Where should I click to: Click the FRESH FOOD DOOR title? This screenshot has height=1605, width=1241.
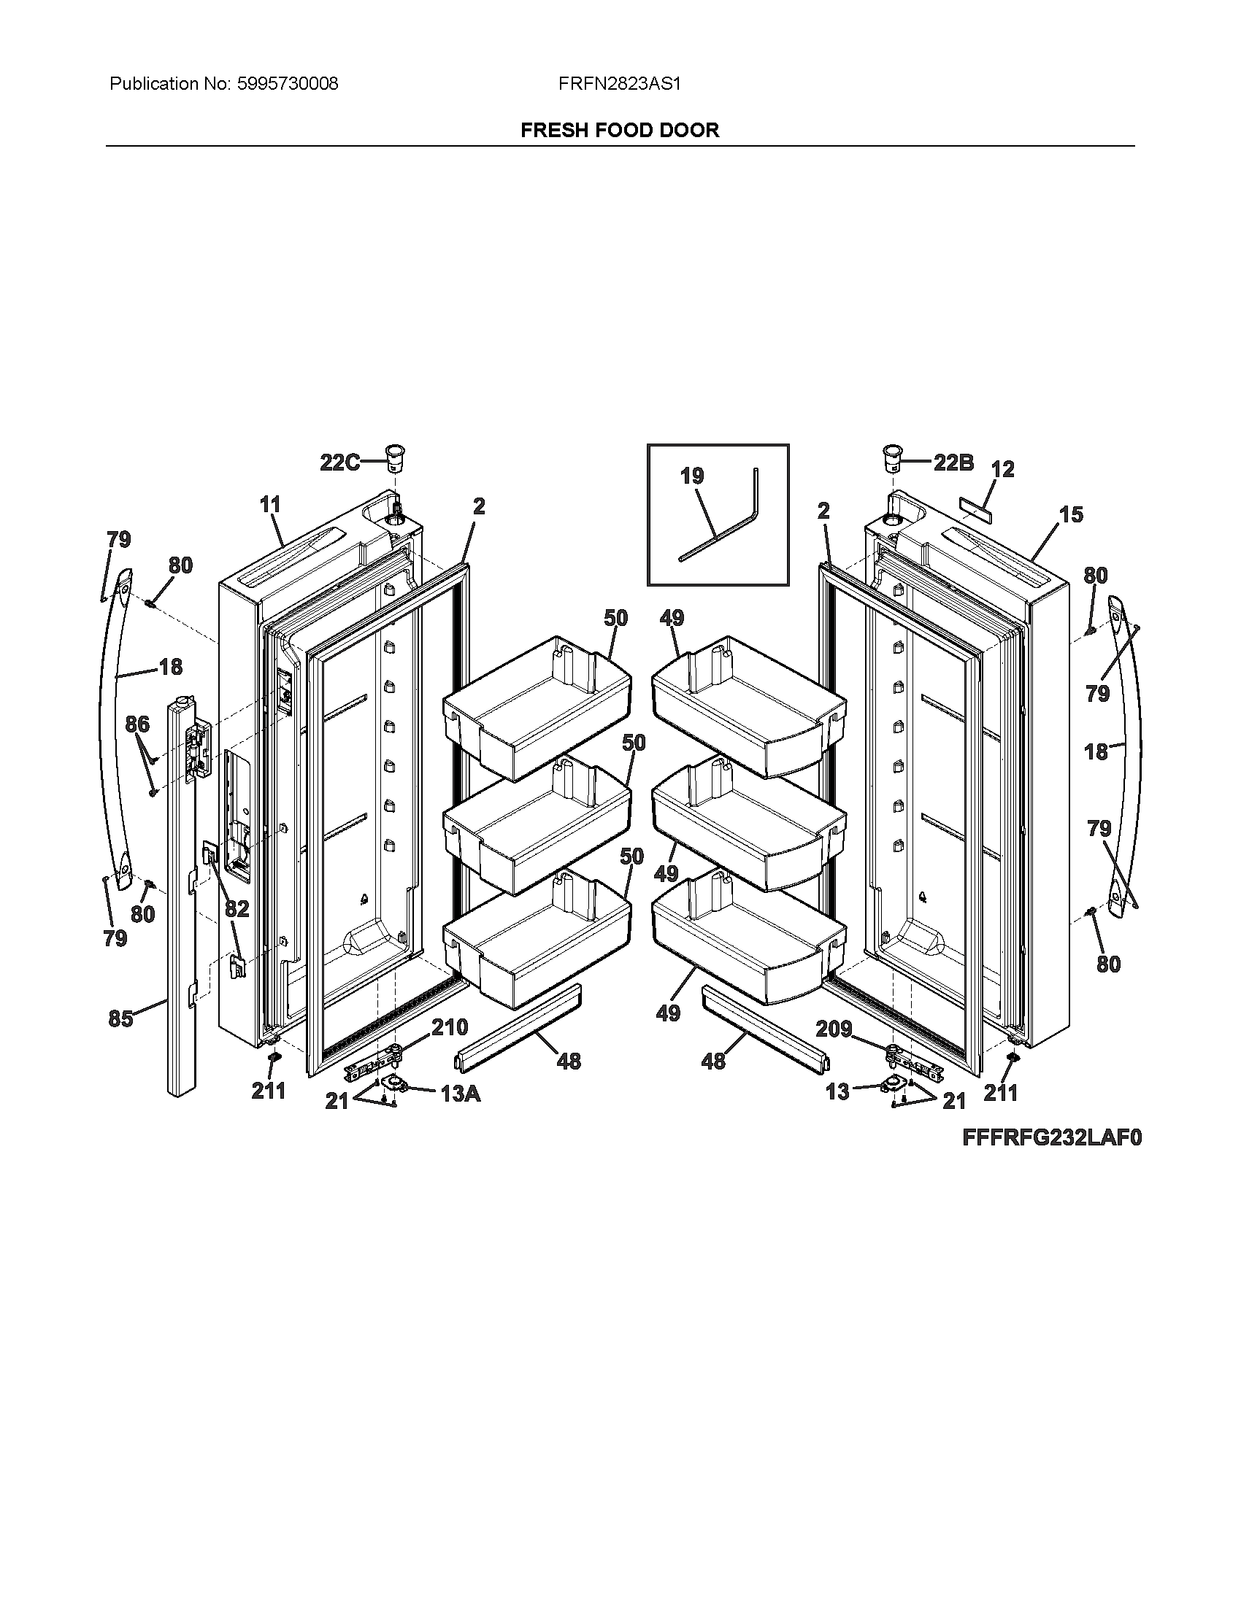(x=620, y=130)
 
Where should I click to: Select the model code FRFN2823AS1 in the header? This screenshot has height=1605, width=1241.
(x=619, y=84)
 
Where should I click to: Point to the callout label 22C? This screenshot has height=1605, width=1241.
(x=339, y=463)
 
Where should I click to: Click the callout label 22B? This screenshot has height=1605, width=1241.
(x=953, y=463)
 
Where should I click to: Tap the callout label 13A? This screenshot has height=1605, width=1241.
(x=460, y=1094)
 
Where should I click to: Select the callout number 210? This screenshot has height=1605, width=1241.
(x=448, y=1027)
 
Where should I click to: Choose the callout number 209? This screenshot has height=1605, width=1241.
(x=834, y=1029)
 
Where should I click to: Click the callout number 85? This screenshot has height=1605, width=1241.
(x=120, y=1018)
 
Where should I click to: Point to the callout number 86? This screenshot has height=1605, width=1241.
(x=137, y=724)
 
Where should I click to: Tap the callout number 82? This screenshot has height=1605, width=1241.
(x=237, y=909)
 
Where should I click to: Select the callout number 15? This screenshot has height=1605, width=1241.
(x=1071, y=514)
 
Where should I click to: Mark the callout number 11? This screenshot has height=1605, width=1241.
(x=270, y=504)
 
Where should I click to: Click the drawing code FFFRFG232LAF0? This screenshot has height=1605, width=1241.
(x=1052, y=1138)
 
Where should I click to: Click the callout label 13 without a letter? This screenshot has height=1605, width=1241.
(x=837, y=1092)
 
